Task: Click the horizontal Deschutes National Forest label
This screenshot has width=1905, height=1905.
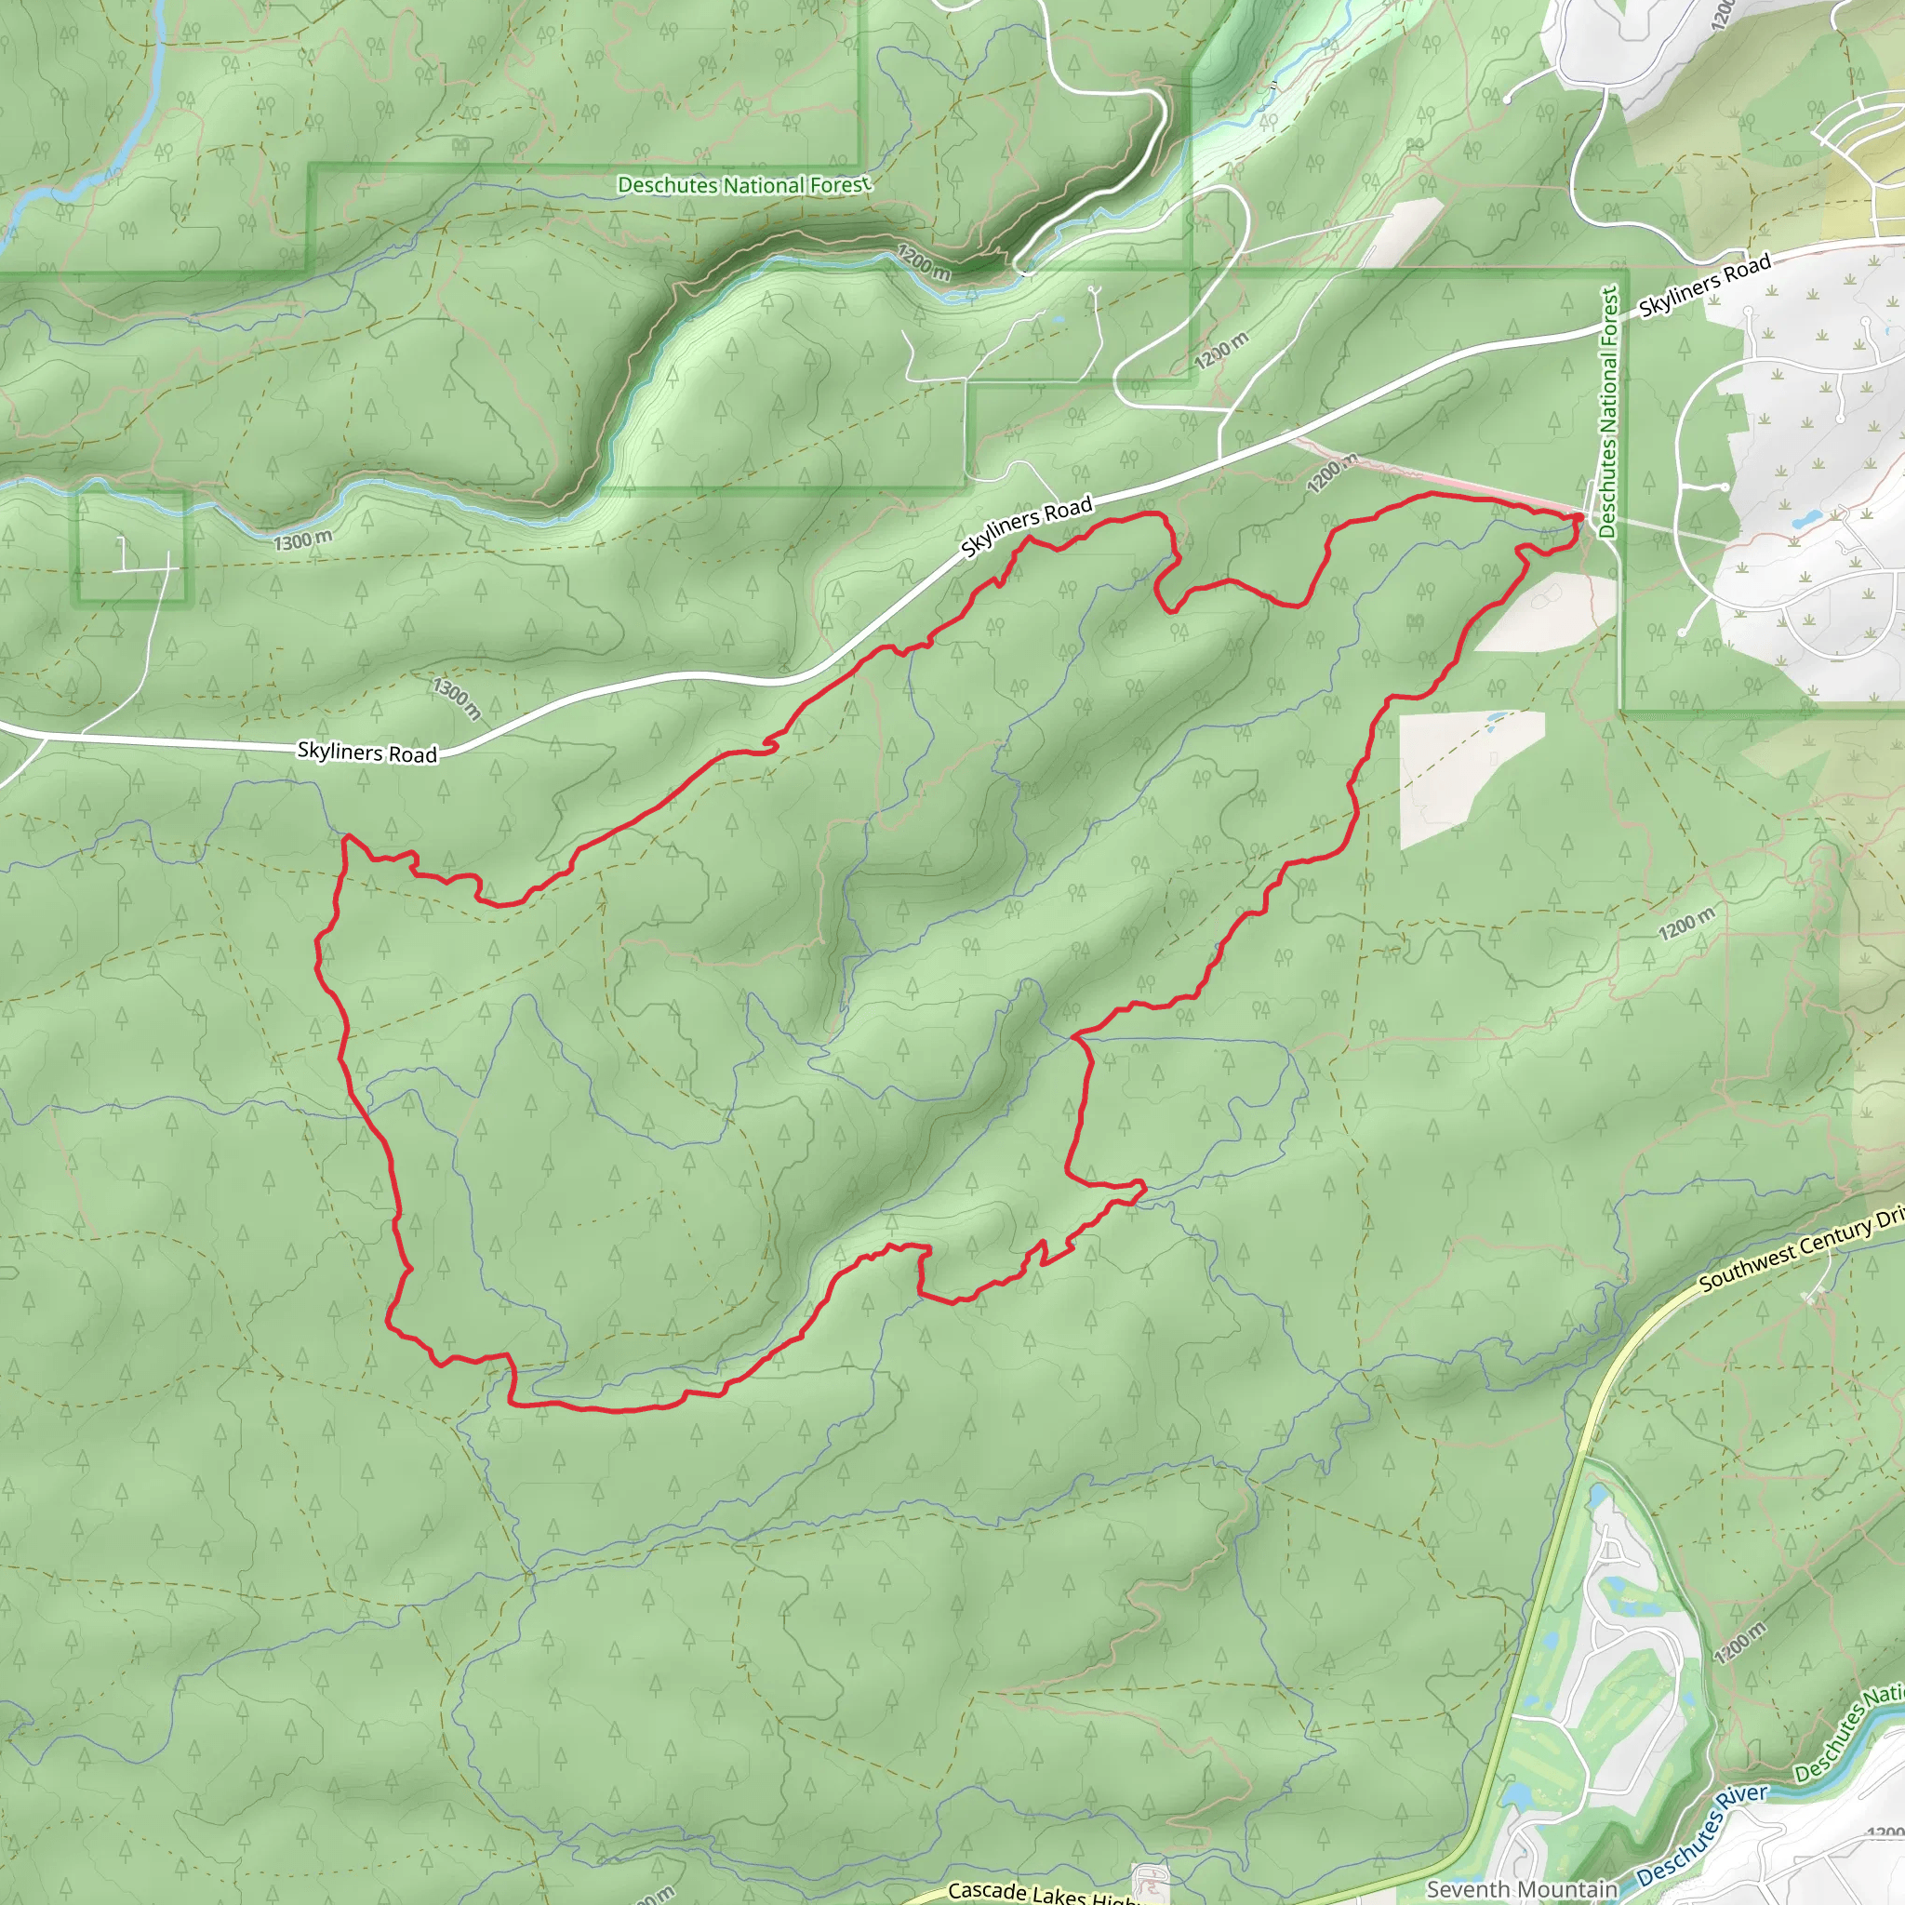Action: pos(743,184)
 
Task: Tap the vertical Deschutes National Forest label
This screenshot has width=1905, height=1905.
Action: pos(1608,411)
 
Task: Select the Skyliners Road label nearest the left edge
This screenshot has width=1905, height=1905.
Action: pos(366,753)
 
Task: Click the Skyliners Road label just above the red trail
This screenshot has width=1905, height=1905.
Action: pos(1027,526)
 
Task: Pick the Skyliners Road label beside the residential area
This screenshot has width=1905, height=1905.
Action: pos(1705,285)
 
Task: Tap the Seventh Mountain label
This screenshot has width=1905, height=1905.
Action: pos(1522,1889)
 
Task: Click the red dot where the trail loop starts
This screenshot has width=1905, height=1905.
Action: pos(1579,516)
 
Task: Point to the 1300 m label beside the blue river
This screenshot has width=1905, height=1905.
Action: pos(302,540)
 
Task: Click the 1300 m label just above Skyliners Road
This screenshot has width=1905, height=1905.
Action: pos(457,697)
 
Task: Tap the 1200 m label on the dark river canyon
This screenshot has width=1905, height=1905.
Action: pos(924,262)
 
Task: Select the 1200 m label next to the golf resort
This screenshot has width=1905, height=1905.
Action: pos(1739,1642)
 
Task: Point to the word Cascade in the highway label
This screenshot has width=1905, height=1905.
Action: pos(985,1888)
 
